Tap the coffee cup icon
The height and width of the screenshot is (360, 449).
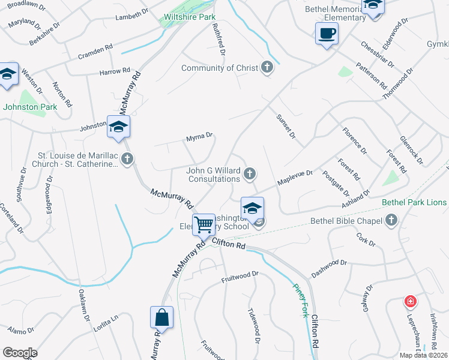click(x=327, y=34)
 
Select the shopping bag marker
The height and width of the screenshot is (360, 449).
click(x=162, y=317)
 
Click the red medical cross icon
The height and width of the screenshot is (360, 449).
click(x=411, y=301)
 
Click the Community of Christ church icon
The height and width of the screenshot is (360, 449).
click(x=268, y=68)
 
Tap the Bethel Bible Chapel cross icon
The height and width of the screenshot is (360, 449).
click(x=392, y=220)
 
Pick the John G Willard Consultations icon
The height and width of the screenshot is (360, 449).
click(x=250, y=174)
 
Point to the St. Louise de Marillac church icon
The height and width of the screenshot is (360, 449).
click(x=127, y=159)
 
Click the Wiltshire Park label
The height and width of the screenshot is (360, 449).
click(x=190, y=17)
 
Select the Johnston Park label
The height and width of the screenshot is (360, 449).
click(x=30, y=107)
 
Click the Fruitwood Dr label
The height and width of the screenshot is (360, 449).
click(x=240, y=277)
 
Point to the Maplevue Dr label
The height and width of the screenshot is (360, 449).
click(x=295, y=177)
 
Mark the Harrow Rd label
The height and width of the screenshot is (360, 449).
click(x=114, y=72)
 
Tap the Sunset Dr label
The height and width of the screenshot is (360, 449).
click(x=286, y=127)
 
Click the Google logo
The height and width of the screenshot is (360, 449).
click(x=20, y=353)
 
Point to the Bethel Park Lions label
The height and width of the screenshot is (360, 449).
click(x=414, y=203)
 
